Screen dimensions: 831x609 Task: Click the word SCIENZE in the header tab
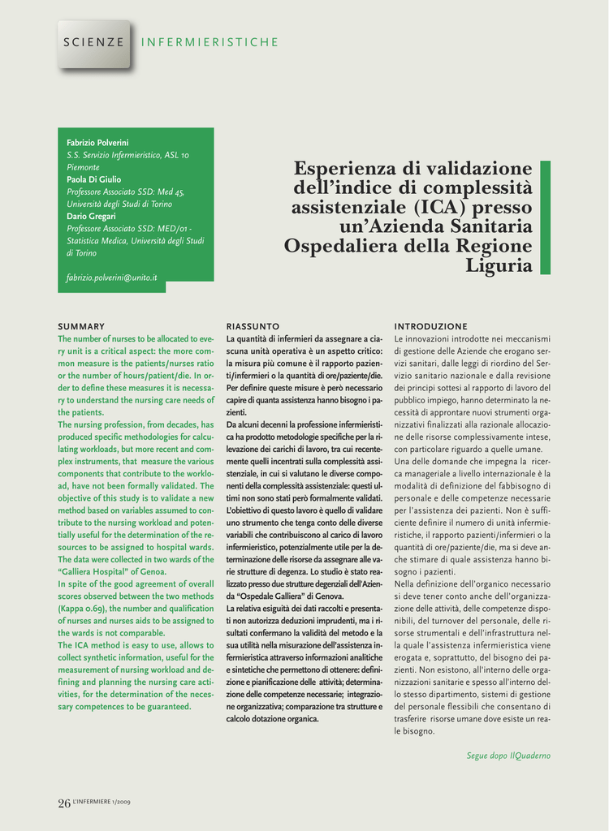[x=94, y=42]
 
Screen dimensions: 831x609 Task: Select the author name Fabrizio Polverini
[x=97, y=143]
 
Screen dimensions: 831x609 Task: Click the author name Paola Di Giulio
[x=93, y=179]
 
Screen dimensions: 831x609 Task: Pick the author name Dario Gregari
[x=91, y=216]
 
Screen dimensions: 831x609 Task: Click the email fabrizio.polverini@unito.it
[x=111, y=278]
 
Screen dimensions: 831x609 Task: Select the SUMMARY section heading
[x=81, y=325]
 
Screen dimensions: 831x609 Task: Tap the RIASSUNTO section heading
[x=253, y=325]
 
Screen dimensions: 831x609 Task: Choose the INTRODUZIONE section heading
[x=430, y=325]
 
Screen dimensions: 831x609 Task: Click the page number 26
[x=64, y=803]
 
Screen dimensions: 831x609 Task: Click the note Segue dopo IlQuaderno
[x=508, y=756]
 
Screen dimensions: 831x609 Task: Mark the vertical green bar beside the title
[x=545, y=217]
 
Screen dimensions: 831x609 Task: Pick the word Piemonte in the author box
[x=83, y=167]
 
